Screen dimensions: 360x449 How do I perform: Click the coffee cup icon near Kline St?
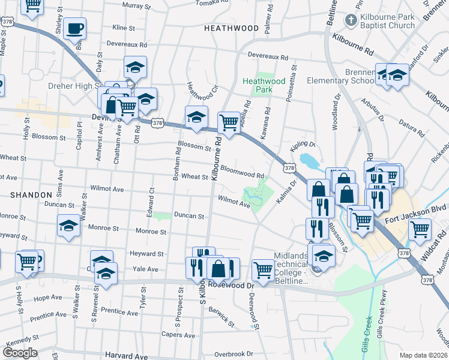[x=75, y=28]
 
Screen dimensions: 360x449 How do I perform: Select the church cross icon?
[x=351, y=20]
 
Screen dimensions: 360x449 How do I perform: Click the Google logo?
[x=20, y=353]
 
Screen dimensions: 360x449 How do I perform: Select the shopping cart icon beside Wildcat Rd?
[x=420, y=228]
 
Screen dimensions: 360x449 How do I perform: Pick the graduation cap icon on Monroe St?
[x=69, y=226]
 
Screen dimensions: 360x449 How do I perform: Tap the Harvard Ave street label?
[x=126, y=356]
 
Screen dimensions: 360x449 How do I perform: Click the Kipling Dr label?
[x=304, y=144]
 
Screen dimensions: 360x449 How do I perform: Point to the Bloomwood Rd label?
[x=243, y=172]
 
